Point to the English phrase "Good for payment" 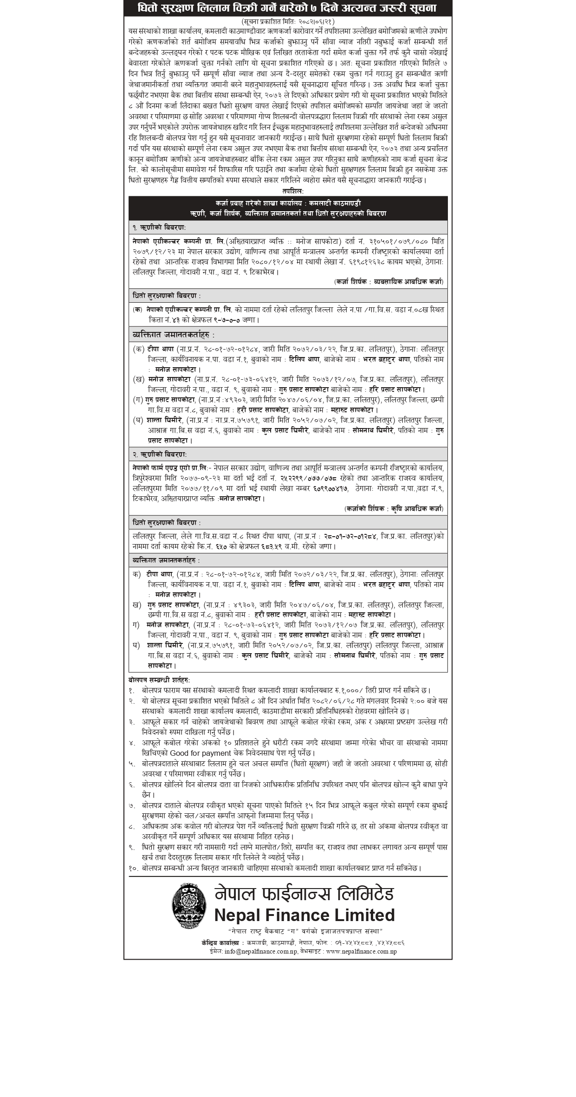(x=200, y=753)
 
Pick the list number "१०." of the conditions (x=134, y=868)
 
